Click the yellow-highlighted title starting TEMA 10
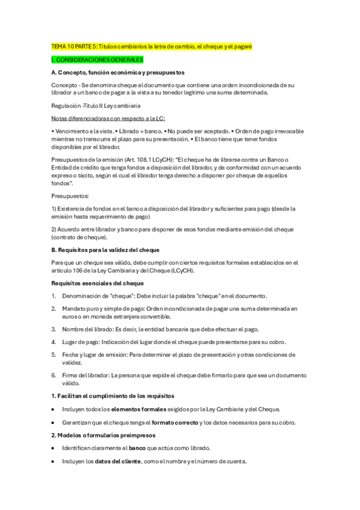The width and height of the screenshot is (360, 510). tap(151, 46)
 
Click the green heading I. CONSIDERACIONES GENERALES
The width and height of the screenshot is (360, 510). tap(97, 60)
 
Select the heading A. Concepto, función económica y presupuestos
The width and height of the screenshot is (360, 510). tap(118, 72)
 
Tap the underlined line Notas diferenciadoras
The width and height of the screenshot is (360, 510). tap(108, 118)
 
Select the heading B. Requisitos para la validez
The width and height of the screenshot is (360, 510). tap(105, 250)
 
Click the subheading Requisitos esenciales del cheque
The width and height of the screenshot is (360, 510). tap(97, 283)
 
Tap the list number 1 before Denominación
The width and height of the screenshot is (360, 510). tap(53, 296)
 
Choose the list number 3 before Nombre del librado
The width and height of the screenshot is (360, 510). tap(53, 329)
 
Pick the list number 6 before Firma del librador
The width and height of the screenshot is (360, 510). tap(53, 375)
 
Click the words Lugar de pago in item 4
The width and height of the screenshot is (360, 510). tap(80, 342)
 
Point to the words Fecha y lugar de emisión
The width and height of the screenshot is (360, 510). tap(94, 355)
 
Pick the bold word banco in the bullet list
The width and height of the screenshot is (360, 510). tap(138, 449)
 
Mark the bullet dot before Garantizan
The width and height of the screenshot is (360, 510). tap(53, 423)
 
